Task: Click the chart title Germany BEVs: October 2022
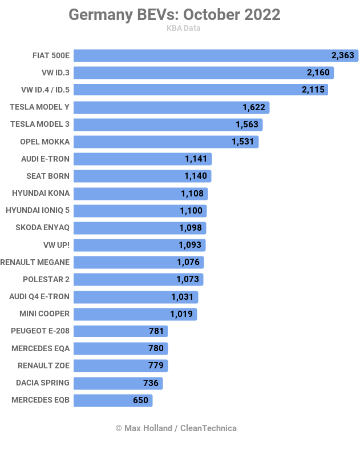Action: pos(175,15)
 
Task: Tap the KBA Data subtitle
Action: pos(183,28)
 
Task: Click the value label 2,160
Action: pos(318,73)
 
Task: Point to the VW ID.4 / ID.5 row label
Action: pos(45,90)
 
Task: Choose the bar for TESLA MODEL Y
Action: pos(171,107)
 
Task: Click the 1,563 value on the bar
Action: pos(247,124)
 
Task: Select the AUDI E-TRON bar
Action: pos(143,159)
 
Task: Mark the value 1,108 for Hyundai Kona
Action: pos(192,194)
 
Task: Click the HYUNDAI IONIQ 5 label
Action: pos(38,211)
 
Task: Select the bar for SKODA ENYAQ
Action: pos(140,228)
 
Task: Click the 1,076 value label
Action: pos(188,262)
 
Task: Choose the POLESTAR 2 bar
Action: pos(138,279)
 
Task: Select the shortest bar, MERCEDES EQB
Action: pos(113,400)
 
